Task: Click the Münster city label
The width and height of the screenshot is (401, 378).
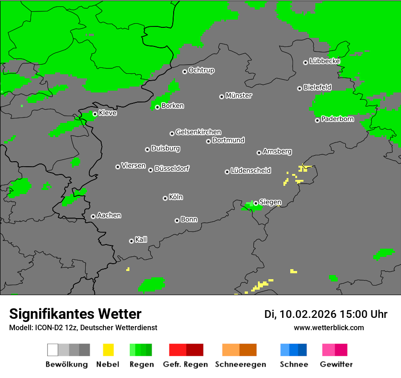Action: click(x=239, y=96)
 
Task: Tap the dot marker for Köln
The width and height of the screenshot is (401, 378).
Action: click(x=165, y=198)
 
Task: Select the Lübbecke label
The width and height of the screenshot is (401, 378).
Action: click(x=324, y=61)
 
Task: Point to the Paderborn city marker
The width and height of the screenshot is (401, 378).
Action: click(x=317, y=120)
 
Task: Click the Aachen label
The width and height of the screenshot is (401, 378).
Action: click(x=109, y=215)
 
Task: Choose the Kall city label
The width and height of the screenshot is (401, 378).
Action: click(x=141, y=240)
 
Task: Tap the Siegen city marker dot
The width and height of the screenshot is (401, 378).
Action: click(x=256, y=204)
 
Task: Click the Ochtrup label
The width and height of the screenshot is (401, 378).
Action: click(x=201, y=71)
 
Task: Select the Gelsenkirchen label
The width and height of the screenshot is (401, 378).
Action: click(x=198, y=132)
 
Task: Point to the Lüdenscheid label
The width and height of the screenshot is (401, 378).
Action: click(x=251, y=171)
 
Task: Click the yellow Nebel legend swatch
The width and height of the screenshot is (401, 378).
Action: click(x=108, y=350)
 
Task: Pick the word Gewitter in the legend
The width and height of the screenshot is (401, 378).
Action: click(x=336, y=364)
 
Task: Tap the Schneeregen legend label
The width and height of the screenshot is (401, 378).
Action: click(x=240, y=364)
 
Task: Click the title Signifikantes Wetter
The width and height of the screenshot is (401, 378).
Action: click(x=75, y=314)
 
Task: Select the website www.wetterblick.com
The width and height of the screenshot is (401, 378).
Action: click(x=329, y=327)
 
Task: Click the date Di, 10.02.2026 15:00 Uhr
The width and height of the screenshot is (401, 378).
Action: click(x=326, y=314)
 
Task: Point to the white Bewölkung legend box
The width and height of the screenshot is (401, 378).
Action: click(x=53, y=350)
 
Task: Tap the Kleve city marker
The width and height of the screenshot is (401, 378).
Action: click(x=95, y=114)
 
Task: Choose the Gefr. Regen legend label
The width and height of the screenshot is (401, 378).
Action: click(x=185, y=364)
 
